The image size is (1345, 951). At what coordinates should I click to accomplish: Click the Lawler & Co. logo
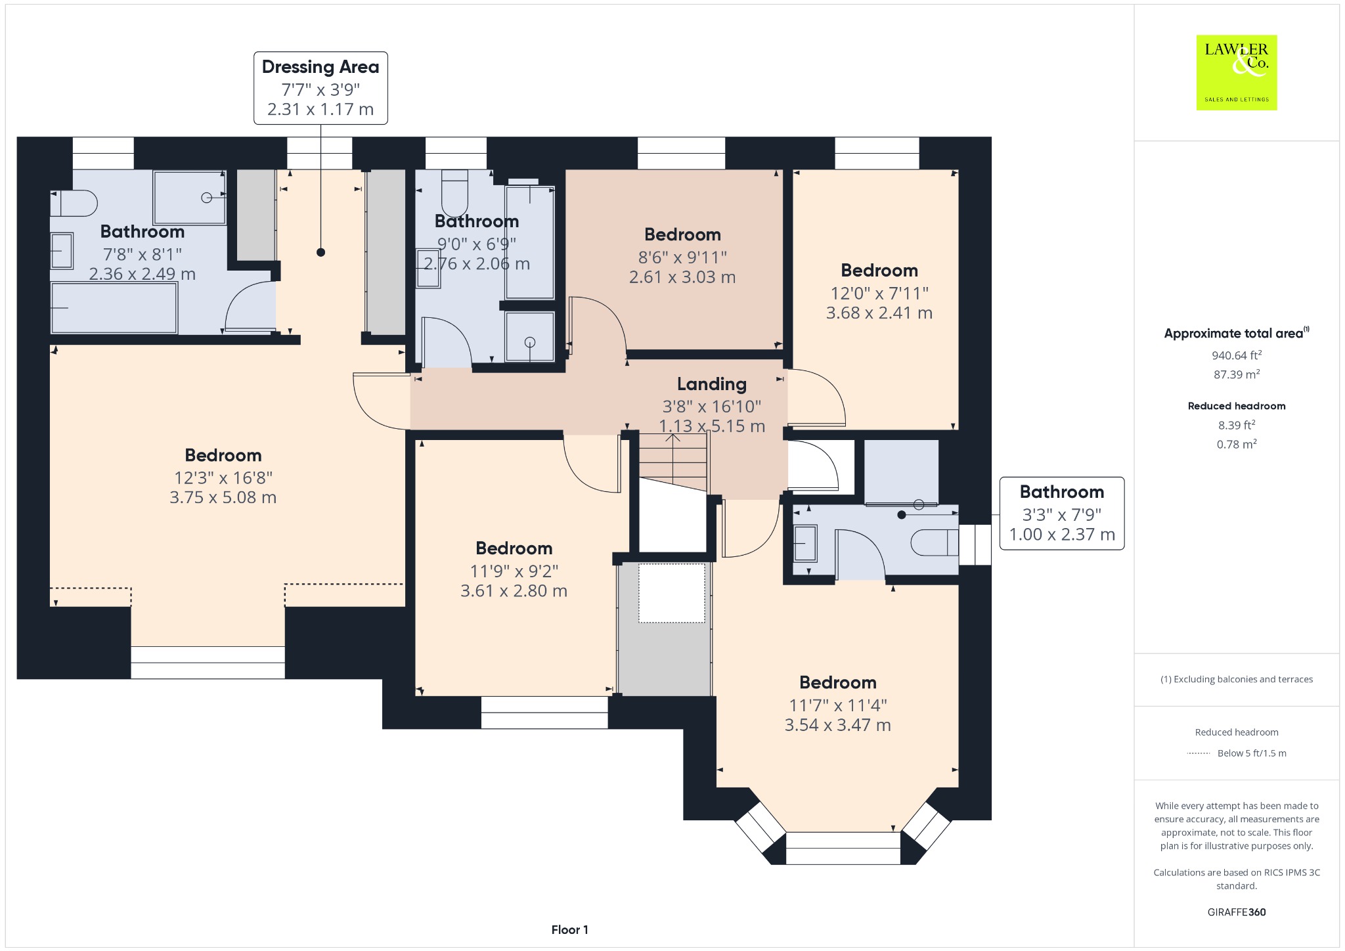[1237, 72]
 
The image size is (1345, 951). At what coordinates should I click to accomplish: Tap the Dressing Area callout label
[320, 88]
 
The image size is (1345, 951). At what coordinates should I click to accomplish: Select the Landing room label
[712, 384]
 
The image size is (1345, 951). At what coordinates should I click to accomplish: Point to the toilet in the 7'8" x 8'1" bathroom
[74, 204]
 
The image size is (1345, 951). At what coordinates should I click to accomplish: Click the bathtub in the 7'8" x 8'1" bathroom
[114, 308]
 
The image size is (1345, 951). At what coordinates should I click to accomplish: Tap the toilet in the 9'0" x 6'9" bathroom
[454, 194]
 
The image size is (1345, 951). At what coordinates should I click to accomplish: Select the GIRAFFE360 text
[1237, 912]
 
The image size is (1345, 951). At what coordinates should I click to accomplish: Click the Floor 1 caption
[570, 930]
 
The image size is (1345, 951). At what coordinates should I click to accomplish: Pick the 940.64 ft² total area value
[1237, 355]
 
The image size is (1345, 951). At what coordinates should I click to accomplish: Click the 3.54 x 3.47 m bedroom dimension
[838, 725]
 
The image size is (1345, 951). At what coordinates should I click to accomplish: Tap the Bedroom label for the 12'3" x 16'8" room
[223, 455]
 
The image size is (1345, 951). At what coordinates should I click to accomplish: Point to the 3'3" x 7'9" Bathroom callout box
[1062, 514]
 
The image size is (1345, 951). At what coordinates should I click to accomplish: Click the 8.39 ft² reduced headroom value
[1237, 425]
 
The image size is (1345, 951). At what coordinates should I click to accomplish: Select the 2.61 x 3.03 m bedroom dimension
[682, 277]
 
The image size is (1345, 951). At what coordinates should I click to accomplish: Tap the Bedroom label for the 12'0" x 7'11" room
[879, 271]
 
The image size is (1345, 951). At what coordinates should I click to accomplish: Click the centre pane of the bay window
[843, 849]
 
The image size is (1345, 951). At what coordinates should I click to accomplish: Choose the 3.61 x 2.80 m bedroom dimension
[514, 591]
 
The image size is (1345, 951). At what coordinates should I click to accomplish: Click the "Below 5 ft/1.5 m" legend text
[1252, 753]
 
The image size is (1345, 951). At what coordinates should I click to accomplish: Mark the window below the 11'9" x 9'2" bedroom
[544, 713]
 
